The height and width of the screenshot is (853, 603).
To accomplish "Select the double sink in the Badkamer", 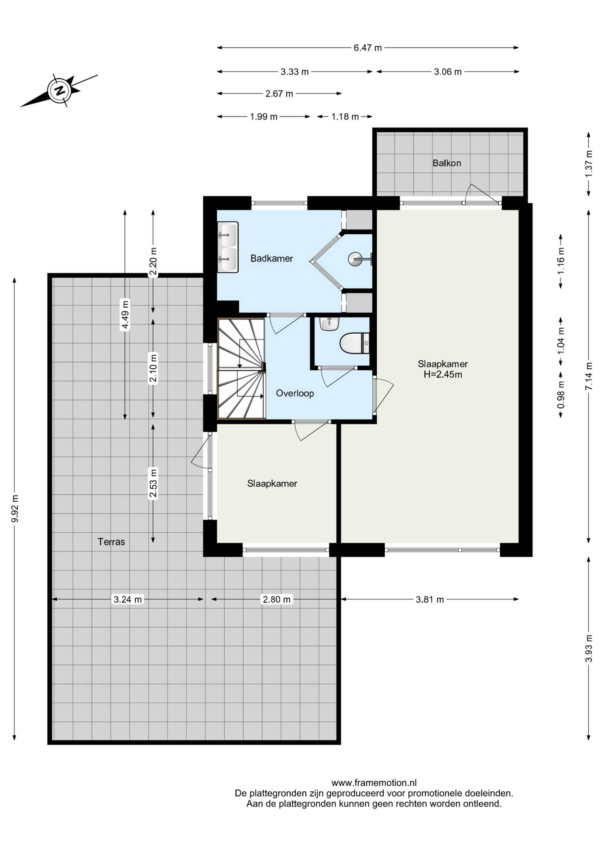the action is [228, 247].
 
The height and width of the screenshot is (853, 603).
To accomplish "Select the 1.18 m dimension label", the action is [345, 117].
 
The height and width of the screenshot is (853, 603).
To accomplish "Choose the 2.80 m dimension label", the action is [277, 599].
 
